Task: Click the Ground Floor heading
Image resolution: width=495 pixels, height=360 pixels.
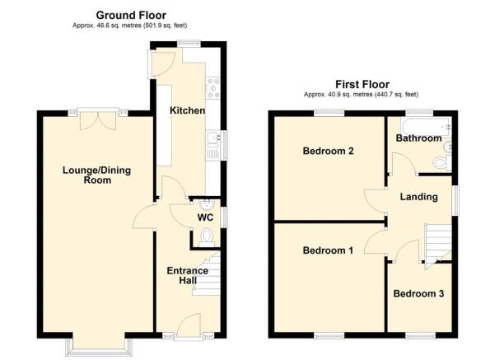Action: pos(130,15)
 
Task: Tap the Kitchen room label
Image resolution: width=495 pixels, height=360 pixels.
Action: pos(187,110)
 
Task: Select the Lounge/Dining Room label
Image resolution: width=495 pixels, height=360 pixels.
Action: pos(96,175)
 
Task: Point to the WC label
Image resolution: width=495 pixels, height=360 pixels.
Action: pos(205,217)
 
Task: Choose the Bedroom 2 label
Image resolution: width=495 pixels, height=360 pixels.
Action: pos(328,152)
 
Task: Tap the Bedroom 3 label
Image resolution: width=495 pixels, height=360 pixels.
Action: pos(418,293)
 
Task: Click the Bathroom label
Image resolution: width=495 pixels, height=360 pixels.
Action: pos(418,138)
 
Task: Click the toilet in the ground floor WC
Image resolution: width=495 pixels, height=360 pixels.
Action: pos(207,238)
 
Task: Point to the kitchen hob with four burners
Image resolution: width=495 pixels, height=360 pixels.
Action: pos(211,85)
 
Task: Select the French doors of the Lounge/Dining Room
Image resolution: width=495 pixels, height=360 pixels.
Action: pos(96,120)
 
